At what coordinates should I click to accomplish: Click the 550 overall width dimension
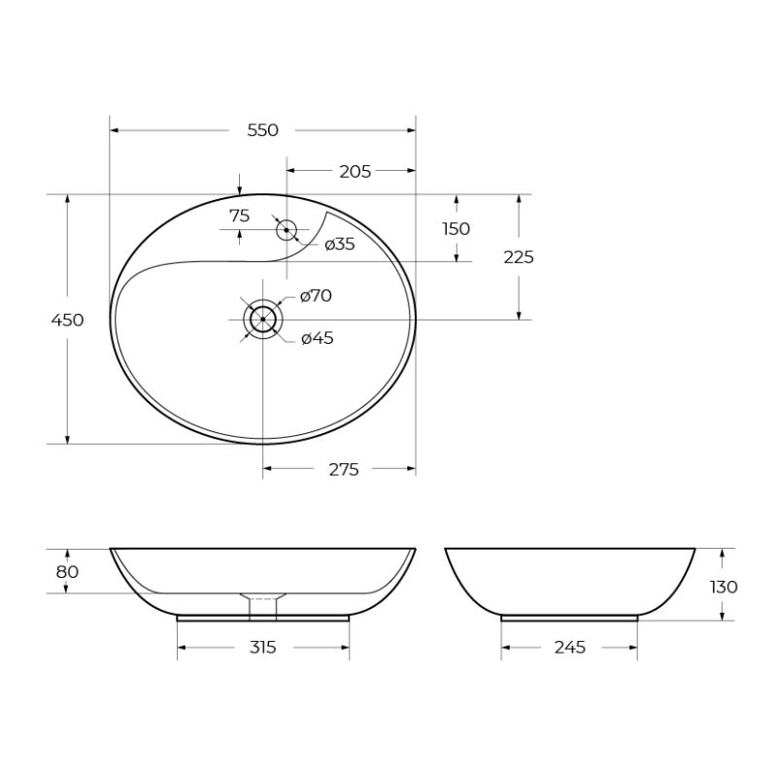(262, 130)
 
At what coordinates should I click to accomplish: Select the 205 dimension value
(355, 171)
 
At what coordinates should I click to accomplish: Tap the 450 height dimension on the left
(67, 320)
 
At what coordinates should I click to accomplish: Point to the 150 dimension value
(456, 228)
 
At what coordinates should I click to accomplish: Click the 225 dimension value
(519, 257)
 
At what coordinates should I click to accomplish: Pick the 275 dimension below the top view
(343, 470)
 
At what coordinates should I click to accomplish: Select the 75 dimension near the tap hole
(239, 216)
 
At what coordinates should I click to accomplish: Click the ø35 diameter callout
(339, 245)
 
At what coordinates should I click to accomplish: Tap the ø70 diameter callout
(316, 296)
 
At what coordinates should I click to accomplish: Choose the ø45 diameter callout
(318, 338)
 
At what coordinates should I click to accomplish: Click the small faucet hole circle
(287, 230)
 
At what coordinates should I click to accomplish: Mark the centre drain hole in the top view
(263, 319)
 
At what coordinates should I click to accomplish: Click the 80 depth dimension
(67, 572)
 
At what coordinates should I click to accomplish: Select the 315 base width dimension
(262, 648)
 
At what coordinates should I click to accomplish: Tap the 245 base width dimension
(569, 648)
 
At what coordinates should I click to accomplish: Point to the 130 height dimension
(724, 587)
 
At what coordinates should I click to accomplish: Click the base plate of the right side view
(569, 616)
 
